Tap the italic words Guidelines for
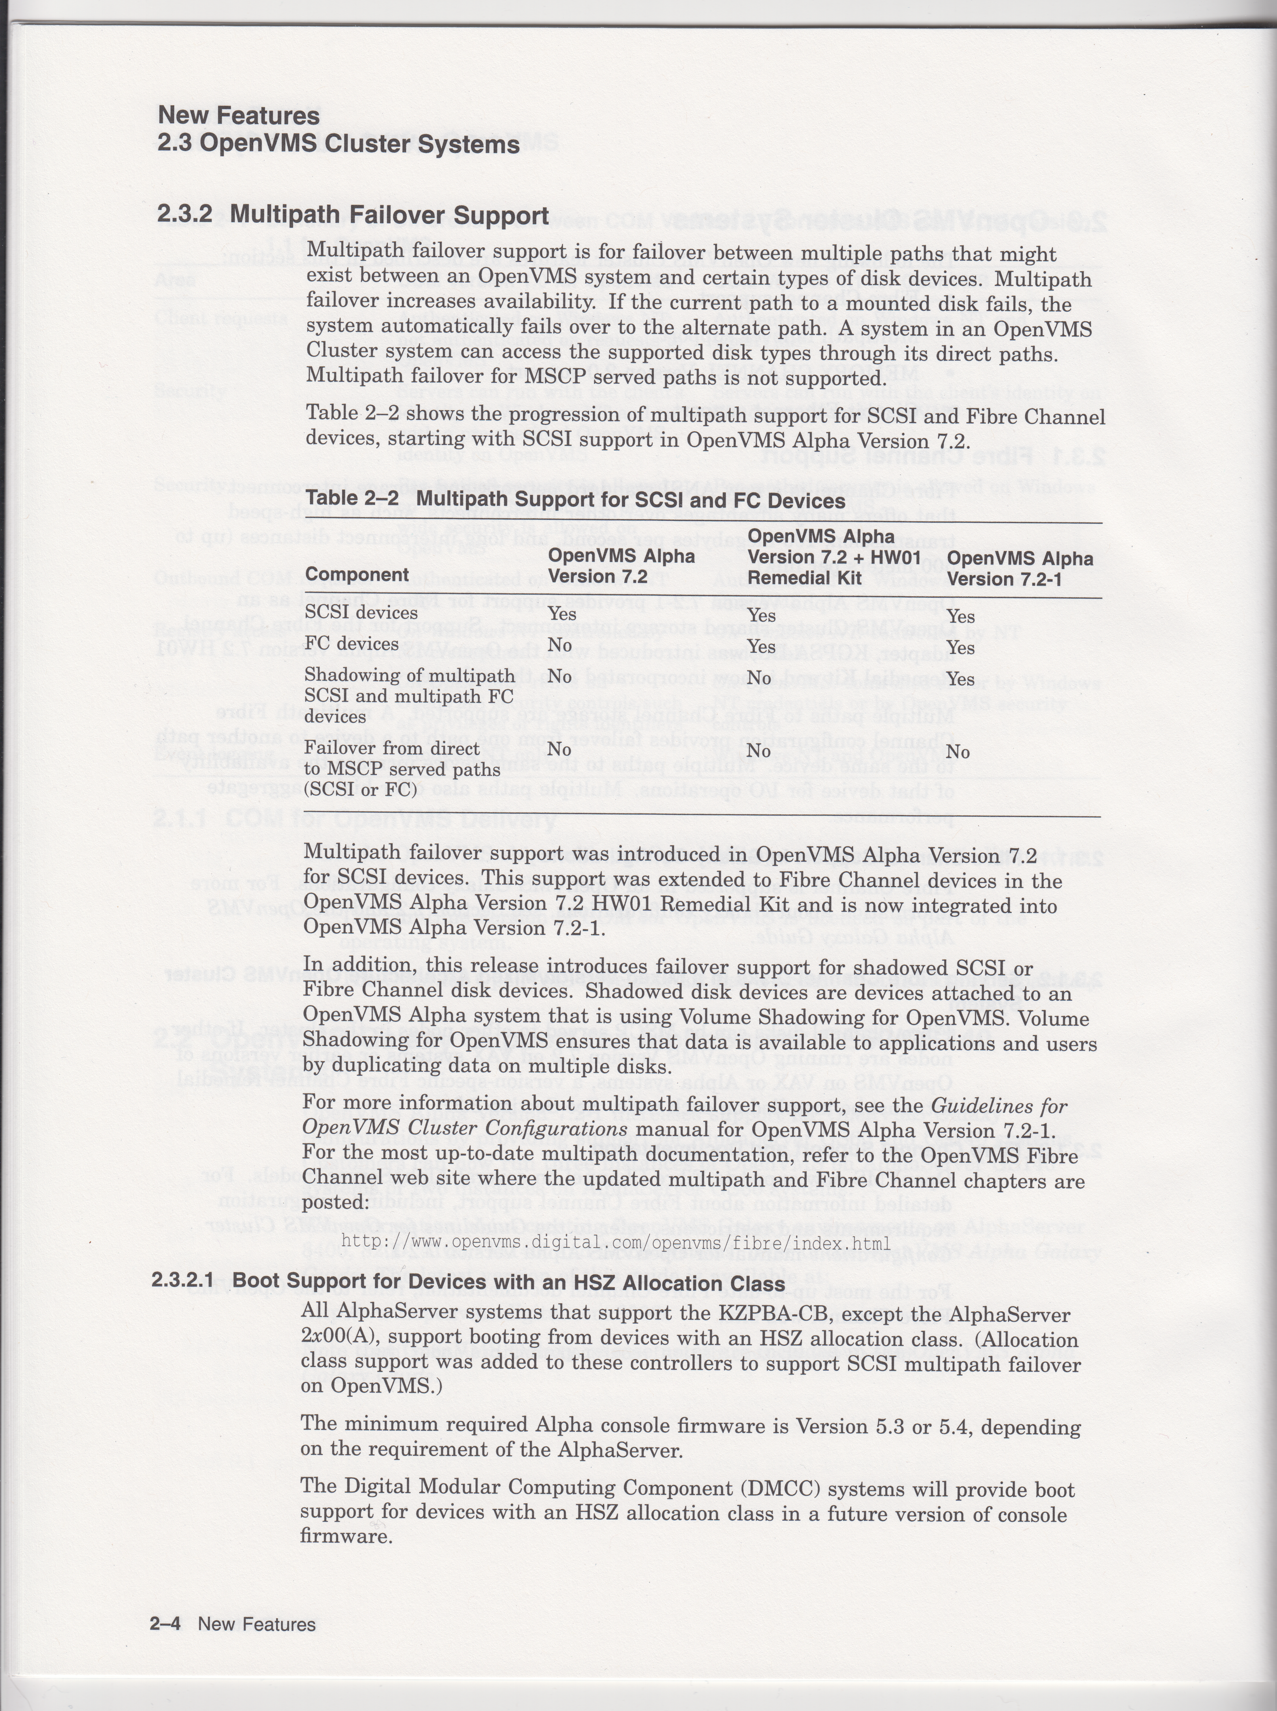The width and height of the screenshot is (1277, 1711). pyautogui.click(x=999, y=1106)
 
